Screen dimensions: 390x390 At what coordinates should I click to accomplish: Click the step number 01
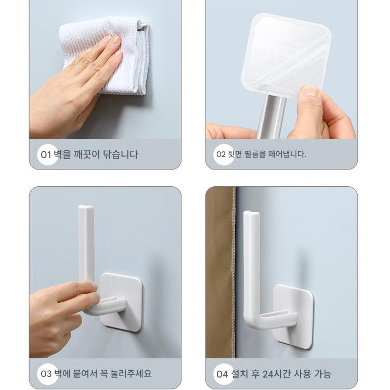pyautogui.click(x=46, y=155)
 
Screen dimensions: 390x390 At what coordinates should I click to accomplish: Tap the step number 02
pyautogui.click(x=221, y=154)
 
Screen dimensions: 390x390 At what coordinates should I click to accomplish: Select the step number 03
pyautogui.click(x=46, y=374)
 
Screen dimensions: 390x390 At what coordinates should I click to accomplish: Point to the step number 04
pyautogui.click(x=223, y=374)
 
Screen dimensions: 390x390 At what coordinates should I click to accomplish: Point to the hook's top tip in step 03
pyautogui.click(x=86, y=207)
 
